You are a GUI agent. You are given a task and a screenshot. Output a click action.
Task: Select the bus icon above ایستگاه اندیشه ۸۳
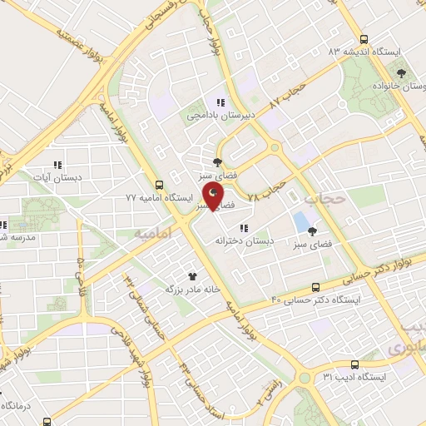(x=364, y=38)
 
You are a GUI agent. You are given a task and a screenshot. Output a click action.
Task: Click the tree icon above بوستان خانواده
(x=402, y=72)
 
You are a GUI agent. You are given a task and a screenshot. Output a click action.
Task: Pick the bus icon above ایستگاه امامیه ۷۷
(x=159, y=186)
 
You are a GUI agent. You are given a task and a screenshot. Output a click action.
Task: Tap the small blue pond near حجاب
(x=299, y=223)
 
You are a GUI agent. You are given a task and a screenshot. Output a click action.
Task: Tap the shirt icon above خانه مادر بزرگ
(x=192, y=275)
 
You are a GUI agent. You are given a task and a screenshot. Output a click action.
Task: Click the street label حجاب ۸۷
(x=289, y=94)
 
